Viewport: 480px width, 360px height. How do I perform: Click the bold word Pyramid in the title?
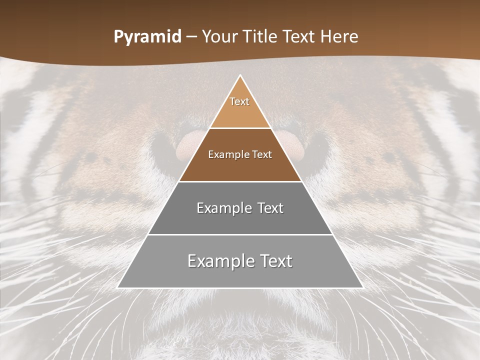point(147,37)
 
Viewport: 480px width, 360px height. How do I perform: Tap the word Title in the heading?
point(260,37)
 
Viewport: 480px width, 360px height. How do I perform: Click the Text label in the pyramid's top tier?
point(239,101)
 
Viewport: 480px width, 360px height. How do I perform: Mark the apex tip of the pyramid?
point(240,76)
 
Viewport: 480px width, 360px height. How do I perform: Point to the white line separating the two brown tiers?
point(240,128)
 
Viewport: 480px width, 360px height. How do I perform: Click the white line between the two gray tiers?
point(240,234)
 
